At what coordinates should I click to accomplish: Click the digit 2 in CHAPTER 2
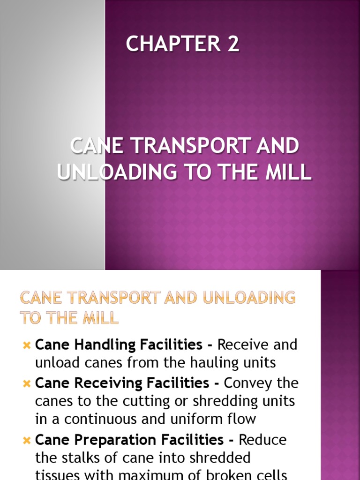(x=233, y=45)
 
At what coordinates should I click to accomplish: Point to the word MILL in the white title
(x=289, y=172)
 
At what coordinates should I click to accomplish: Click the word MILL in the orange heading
(x=99, y=319)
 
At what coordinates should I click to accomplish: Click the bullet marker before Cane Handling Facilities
(x=26, y=346)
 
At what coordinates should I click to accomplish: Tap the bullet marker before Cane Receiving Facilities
(x=26, y=384)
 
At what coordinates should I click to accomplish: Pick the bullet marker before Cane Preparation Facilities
(x=26, y=441)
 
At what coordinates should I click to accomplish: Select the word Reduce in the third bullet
(x=262, y=440)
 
